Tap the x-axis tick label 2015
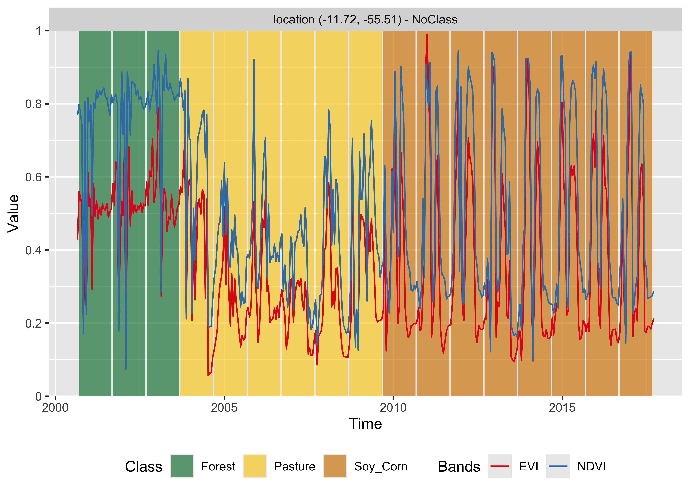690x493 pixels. tap(562, 408)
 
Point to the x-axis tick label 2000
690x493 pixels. tap(55, 408)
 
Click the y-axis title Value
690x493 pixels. tap(14, 213)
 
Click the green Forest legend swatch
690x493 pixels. tap(182, 466)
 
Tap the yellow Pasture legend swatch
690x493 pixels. tap(255, 466)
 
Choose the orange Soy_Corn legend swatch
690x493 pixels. tap(335, 466)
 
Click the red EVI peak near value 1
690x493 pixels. tap(427, 35)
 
